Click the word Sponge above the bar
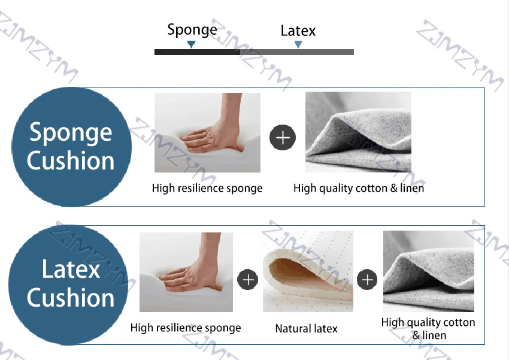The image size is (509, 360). click(x=192, y=30)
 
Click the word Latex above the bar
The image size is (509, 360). click(x=298, y=31)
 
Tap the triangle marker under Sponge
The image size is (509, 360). click(x=192, y=44)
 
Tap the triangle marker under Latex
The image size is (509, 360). click(x=298, y=44)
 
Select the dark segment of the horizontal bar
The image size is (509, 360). click(x=198, y=52)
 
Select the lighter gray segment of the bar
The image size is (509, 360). click(x=297, y=52)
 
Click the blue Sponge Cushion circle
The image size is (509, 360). click(x=71, y=147)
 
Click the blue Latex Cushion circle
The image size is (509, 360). click(x=69, y=285)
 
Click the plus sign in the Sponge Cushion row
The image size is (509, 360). click(x=283, y=137)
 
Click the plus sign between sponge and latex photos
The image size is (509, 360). click(x=248, y=279)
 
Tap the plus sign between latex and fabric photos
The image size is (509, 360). click(x=367, y=279)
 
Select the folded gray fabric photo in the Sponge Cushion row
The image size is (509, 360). click(x=358, y=132)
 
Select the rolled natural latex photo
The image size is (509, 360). click(x=308, y=271)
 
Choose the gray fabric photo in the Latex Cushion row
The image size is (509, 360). click(x=429, y=271)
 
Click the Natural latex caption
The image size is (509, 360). click(x=307, y=328)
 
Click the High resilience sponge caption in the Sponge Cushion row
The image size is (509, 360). click(x=207, y=188)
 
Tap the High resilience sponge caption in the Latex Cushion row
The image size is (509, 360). click(x=186, y=328)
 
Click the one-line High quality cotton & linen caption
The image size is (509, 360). click(x=359, y=188)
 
